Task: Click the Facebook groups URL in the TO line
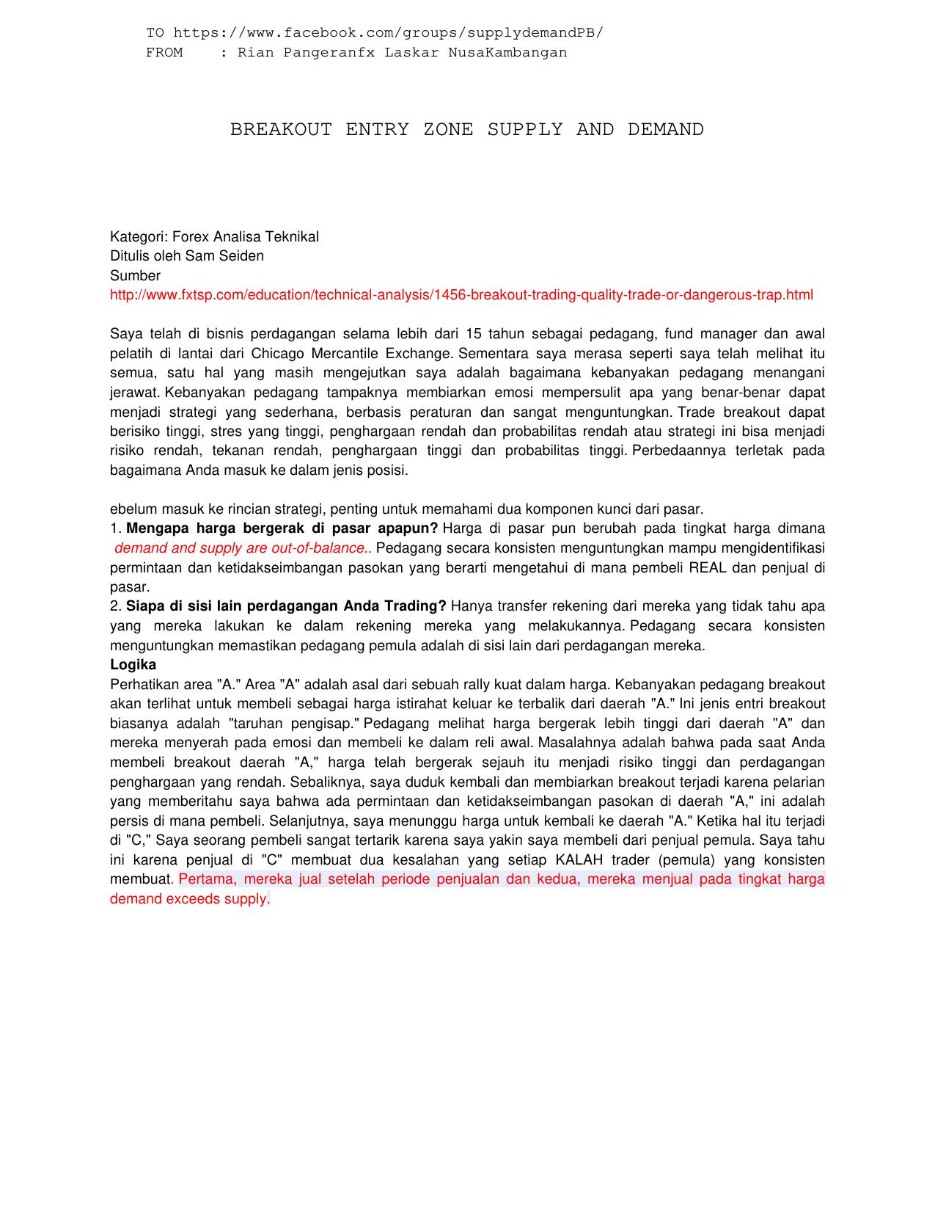[388, 33]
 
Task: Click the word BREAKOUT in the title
[281, 130]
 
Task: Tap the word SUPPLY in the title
[525, 130]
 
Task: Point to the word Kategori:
[138, 237]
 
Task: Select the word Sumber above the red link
[135, 276]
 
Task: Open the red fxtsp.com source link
[461, 295]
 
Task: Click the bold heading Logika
[133, 665]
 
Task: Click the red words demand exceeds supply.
[190, 899]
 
